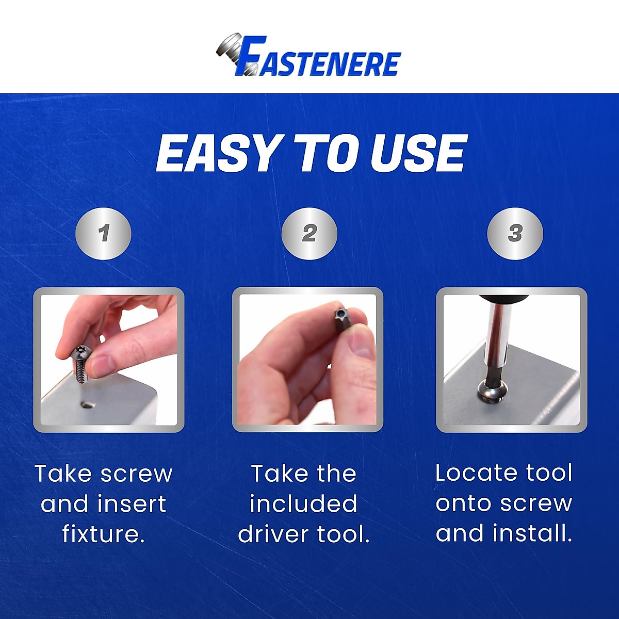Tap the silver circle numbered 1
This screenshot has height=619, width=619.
104,234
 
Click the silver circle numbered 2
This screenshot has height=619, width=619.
309,234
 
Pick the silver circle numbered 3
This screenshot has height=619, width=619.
515,234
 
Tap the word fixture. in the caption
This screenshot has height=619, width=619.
103,534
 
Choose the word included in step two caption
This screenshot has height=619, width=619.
303,504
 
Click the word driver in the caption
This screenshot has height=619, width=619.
273,534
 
